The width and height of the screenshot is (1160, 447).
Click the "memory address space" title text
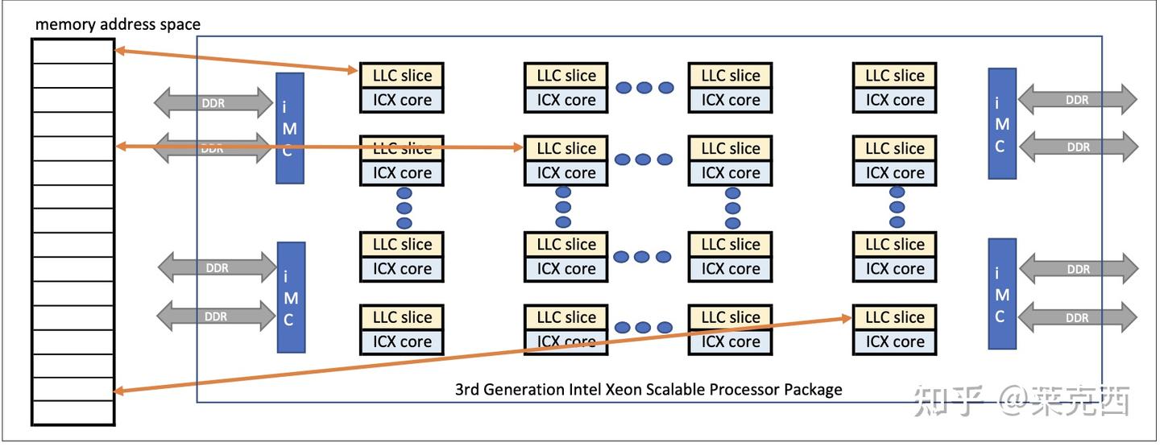[118, 24]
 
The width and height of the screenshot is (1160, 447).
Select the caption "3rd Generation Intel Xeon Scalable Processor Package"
[648, 390]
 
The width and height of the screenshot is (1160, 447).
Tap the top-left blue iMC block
[290, 127]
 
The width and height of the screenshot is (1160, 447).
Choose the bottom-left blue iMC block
[290, 297]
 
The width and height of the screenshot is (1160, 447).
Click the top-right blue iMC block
[1001, 123]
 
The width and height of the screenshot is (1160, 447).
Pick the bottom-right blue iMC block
[1001, 294]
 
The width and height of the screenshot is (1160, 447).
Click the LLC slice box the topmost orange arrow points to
[401, 76]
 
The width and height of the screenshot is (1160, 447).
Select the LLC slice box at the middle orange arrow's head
[566, 148]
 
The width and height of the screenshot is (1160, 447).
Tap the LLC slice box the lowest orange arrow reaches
[894, 317]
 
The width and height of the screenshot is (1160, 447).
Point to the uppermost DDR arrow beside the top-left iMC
[213, 102]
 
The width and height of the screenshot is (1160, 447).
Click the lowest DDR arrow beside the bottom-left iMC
[216, 317]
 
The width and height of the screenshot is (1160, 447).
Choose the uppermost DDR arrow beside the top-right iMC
[1077, 100]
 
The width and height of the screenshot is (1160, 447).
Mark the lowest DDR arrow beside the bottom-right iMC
[1077, 317]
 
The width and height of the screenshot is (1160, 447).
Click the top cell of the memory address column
[72, 51]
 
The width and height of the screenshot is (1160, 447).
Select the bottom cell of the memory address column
[72, 412]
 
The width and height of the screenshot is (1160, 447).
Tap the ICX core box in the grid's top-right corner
[894, 101]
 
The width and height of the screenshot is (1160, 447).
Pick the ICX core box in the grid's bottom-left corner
[401, 341]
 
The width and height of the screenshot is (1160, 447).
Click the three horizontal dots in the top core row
[643, 88]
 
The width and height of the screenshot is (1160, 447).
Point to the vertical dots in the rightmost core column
[897, 207]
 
